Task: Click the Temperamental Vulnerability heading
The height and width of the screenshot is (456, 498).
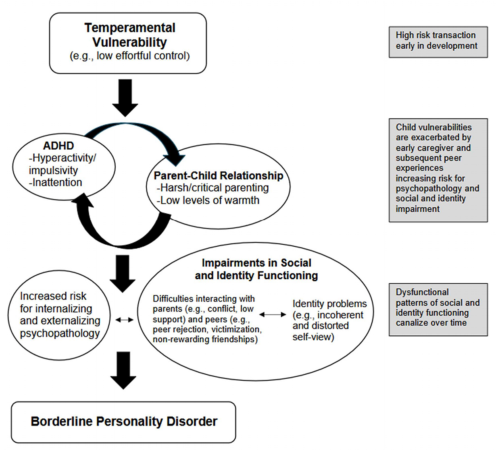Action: coord(129,35)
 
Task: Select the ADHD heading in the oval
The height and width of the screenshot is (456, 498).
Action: coord(58,146)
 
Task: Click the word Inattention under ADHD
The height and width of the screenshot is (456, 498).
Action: coord(57,182)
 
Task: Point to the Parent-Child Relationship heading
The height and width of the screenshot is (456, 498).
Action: coord(218,175)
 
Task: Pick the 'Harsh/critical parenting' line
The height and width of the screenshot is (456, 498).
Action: coord(213,188)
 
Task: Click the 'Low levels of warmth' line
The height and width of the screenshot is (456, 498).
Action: coord(208,200)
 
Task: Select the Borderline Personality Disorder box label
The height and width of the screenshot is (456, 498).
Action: coord(124,421)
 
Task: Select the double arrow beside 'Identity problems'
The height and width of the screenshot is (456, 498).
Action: coord(273,314)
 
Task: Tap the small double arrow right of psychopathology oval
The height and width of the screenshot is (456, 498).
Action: coord(124,320)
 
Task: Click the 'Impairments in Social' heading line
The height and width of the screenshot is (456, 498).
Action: coord(256,263)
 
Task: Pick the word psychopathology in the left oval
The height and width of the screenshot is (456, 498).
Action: coord(60,334)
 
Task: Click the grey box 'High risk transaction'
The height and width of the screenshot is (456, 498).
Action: coord(438,42)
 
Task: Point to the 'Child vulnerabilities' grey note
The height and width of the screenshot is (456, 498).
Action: coord(438,170)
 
